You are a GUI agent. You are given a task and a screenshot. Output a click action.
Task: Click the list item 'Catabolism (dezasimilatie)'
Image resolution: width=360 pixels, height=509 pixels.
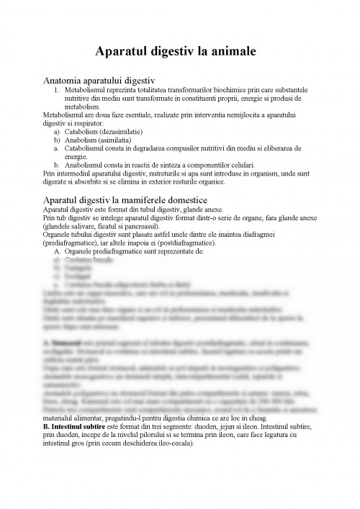point(101,133)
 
